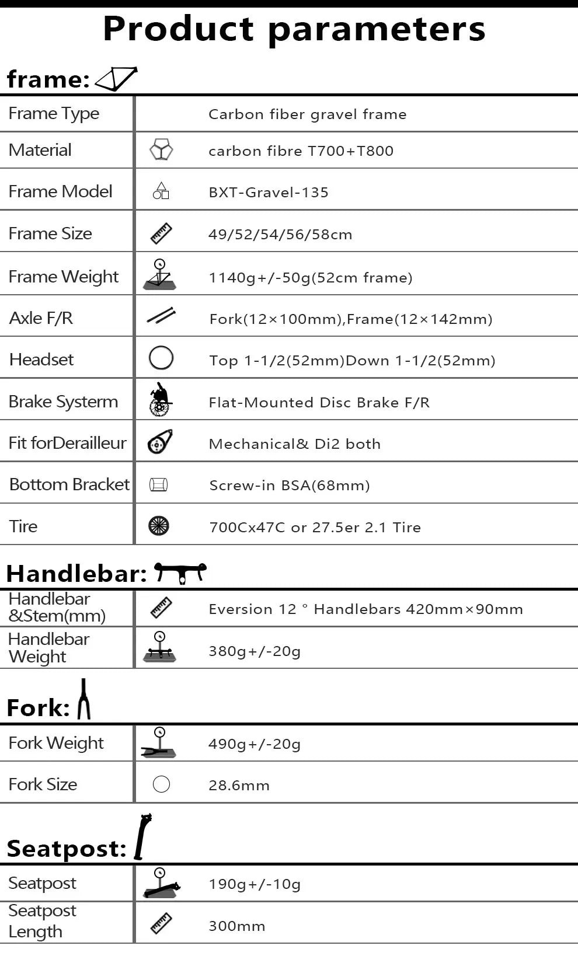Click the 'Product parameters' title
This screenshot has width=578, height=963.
pyautogui.click(x=294, y=29)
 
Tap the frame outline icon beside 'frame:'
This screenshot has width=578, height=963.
pyautogui.click(x=116, y=79)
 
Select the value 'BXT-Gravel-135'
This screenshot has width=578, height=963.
pyautogui.click(x=269, y=193)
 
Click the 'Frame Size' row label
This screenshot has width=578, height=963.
pyautogui.click(x=50, y=233)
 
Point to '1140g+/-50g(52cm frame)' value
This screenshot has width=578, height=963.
pyautogui.click(x=311, y=277)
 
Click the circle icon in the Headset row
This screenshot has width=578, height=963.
pyautogui.click(x=161, y=358)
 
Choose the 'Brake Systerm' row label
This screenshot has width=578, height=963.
pyautogui.click(x=63, y=402)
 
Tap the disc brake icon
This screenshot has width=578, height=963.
pyautogui.click(x=160, y=400)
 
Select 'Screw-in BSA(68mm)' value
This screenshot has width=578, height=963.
pyautogui.click(x=290, y=486)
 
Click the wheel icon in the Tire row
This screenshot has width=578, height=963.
pyautogui.click(x=159, y=526)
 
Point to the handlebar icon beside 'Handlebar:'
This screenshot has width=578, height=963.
pyautogui.click(x=180, y=572)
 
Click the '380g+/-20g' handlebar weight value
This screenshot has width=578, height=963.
pyautogui.click(x=255, y=651)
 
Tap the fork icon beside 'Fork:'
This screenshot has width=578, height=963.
pyautogui.click(x=84, y=699)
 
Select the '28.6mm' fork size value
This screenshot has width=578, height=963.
pyautogui.click(x=239, y=786)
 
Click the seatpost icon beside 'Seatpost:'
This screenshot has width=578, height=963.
pyautogui.click(x=142, y=837)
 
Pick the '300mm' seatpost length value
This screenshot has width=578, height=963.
pyautogui.click(x=237, y=926)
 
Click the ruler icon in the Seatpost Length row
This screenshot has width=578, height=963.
pyautogui.click(x=161, y=924)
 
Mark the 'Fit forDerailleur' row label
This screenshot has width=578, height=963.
pyautogui.click(x=67, y=443)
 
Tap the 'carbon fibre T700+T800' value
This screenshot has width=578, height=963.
pyautogui.click(x=301, y=151)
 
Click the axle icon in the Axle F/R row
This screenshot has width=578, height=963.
pyautogui.click(x=161, y=316)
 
